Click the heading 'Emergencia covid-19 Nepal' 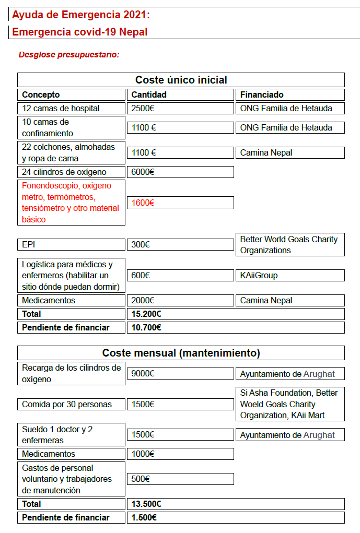[x=80, y=32]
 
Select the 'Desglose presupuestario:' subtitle [x=69, y=54]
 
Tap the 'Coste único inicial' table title [x=181, y=80]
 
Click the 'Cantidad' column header [x=149, y=94]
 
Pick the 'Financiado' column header [x=262, y=94]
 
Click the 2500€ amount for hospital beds [x=143, y=109]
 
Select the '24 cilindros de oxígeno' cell [x=64, y=172]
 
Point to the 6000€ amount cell [x=143, y=172]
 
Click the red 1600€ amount [x=143, y=203]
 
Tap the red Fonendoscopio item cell [x=71, y=202]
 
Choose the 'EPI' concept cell [x=29, y=244]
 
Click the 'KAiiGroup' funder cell [x=259, y=275]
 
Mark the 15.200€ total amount [x=146, y=314]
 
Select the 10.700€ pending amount [x=146, y=327]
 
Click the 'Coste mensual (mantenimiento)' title [x=181, y=353]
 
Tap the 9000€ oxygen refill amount [x=143, y=374]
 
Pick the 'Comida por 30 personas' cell [x=66, y=404]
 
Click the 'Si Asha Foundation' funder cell [x=289, y=404]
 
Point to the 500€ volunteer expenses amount [x=141, y=479]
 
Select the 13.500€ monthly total [x=146, y=504]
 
